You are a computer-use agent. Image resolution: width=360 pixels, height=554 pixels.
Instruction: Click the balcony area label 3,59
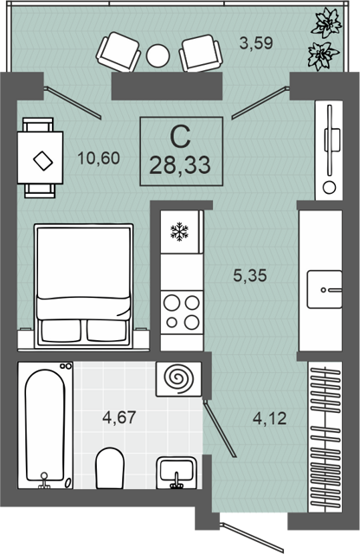point(256,43)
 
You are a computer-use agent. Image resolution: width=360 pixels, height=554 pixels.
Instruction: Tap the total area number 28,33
point(180,165)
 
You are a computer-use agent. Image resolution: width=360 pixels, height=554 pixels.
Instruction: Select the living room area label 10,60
point(99,158)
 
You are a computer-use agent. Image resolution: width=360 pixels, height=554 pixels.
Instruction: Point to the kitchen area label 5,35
point(250,275)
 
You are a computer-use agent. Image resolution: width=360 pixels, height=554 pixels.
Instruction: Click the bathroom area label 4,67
point(119,417)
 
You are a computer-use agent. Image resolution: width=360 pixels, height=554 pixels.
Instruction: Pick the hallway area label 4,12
point(269,419)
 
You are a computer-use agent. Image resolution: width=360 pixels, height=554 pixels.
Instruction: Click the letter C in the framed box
point(180,137)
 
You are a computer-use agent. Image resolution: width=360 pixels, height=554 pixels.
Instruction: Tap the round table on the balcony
point(157,55)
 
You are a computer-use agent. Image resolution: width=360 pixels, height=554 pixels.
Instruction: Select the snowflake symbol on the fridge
point(179,232)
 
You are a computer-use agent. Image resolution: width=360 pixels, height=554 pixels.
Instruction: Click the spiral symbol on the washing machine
point(180,379)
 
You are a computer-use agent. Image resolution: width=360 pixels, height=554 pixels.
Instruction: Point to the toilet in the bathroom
point(110,469)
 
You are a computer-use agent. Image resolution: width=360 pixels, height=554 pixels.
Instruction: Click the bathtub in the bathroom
point(45,425)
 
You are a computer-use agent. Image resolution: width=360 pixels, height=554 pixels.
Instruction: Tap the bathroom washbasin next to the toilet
point(177,473)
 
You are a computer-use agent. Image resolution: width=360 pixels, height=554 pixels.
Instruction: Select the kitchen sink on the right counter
point(325,290)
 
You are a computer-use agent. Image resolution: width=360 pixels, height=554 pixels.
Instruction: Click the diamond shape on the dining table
point(43,161)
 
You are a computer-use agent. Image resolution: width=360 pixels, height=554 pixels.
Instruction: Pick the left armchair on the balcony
point(119,52)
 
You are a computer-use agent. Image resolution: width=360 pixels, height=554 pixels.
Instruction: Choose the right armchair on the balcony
point(202,53)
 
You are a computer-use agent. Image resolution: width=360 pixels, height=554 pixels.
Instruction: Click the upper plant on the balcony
point(326,23)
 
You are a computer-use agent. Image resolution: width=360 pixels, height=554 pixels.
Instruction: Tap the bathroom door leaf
point(219,428)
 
